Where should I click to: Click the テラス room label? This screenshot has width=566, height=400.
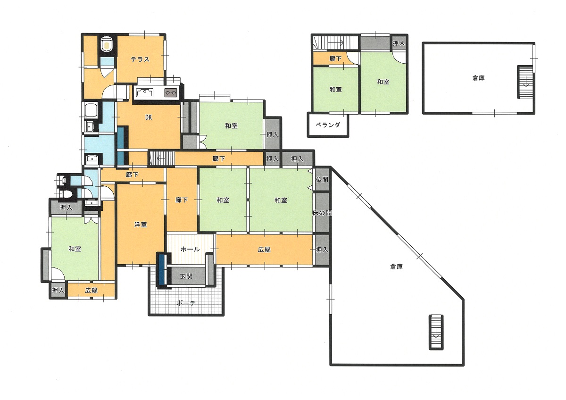click(140, 59)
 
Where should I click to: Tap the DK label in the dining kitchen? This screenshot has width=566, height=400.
click(149, 117)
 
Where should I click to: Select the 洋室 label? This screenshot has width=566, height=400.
click(141, 225)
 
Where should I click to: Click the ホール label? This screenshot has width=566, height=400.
click(190, 250)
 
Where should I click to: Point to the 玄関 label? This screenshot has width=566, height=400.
click(186, 276)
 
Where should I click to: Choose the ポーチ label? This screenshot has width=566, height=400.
click(186, 303)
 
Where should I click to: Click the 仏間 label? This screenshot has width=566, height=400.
click(322, 179)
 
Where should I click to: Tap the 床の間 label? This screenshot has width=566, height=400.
click(322, 213)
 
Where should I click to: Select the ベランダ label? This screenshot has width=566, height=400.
click(328, 125)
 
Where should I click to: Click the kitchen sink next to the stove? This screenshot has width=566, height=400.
click(145, 93)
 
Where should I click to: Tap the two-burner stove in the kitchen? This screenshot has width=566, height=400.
click(171, 93)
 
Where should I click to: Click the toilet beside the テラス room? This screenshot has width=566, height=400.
click(107, 44)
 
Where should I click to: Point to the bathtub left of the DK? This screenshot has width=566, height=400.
click(90, 111)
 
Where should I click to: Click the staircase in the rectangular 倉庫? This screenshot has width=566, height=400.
click(526, 83)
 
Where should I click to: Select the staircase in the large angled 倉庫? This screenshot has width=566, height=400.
click(436, 332)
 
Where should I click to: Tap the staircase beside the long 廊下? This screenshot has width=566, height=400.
click(162, 158)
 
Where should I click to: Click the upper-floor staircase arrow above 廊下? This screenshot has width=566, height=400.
click(335, 43)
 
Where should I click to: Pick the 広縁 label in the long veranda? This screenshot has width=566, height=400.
click(264, 250)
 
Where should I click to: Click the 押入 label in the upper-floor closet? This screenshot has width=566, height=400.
click(399, 43)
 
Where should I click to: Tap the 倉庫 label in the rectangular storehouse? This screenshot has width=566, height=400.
click(478, 78)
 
